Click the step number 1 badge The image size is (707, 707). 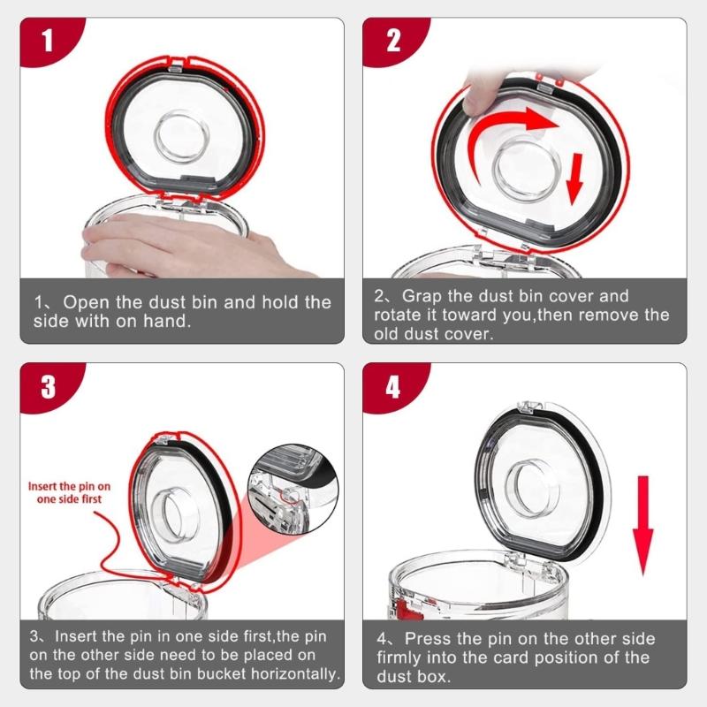tap(49, 42)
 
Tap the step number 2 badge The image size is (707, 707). tap(392, 42)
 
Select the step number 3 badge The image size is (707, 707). tap(49, 387)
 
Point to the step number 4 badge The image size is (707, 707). tap(392, 387)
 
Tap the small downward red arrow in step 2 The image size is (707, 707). tap(574, 179)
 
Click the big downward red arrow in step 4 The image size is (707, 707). tap(643, 525)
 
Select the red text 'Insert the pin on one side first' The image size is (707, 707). tap(69, 492)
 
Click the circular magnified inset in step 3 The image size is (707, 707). tap(293, 490)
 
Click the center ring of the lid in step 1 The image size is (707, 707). tap(181, 136)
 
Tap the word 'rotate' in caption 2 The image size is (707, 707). tap(396, 315)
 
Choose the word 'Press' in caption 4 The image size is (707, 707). tap(428, 638)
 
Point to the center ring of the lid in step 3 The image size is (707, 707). tap(169, 514)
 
